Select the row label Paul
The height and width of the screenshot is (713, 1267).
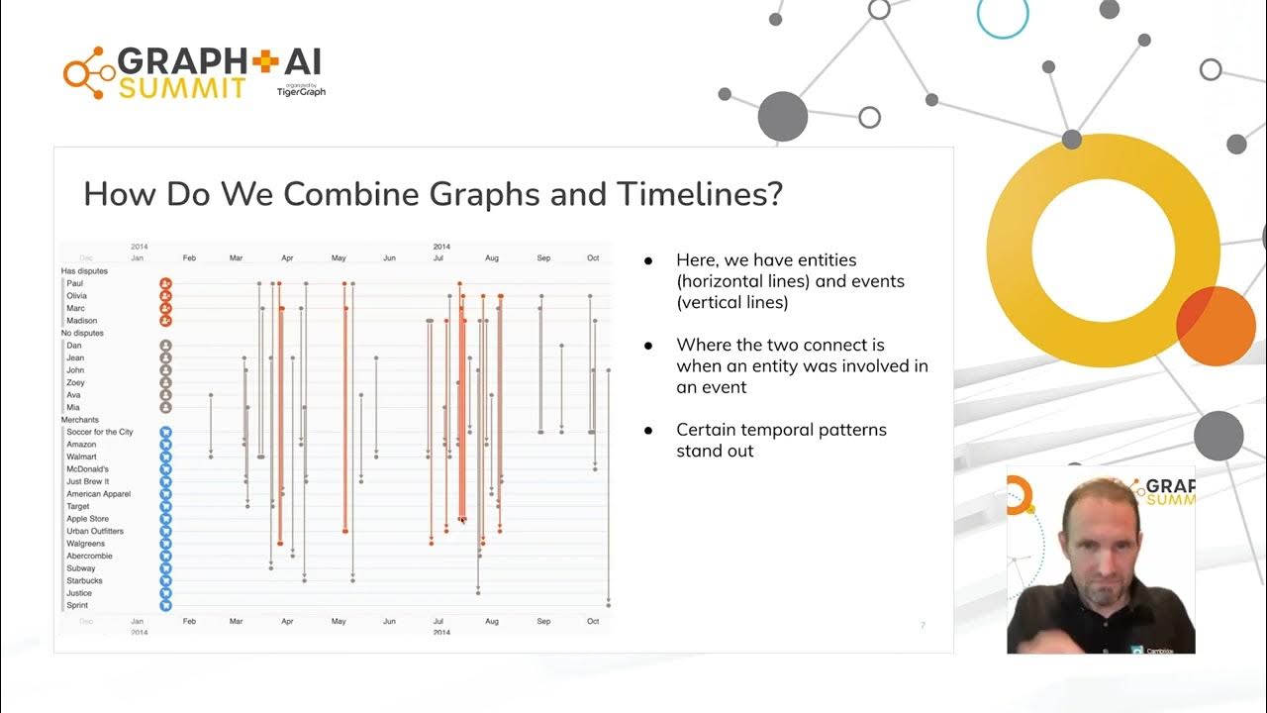point(75,283)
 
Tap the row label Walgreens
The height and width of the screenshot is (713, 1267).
point(85,544)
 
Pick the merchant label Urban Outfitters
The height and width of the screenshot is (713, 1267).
point(94,531)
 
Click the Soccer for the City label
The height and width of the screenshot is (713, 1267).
point(99,432)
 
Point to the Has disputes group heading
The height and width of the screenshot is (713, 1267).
point(84,270)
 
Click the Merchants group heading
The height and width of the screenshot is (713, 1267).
point(80,420)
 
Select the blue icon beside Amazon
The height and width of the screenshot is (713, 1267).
point(166,445)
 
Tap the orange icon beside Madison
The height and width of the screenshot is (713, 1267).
point(166,320)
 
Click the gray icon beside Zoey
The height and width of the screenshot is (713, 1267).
point(166,382)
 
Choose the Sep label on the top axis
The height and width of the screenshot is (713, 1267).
point(543,258)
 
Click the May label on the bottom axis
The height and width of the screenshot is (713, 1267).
point(339,621)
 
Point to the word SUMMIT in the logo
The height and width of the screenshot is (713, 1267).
point(182,89)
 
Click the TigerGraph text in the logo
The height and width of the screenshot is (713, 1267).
point(301,92)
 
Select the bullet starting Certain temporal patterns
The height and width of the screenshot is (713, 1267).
point(781,440)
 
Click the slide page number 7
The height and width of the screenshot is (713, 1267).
point(923,625)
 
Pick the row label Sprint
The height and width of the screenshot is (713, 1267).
point(77,605)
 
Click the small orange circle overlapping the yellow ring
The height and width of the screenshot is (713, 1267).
point(1216,327)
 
